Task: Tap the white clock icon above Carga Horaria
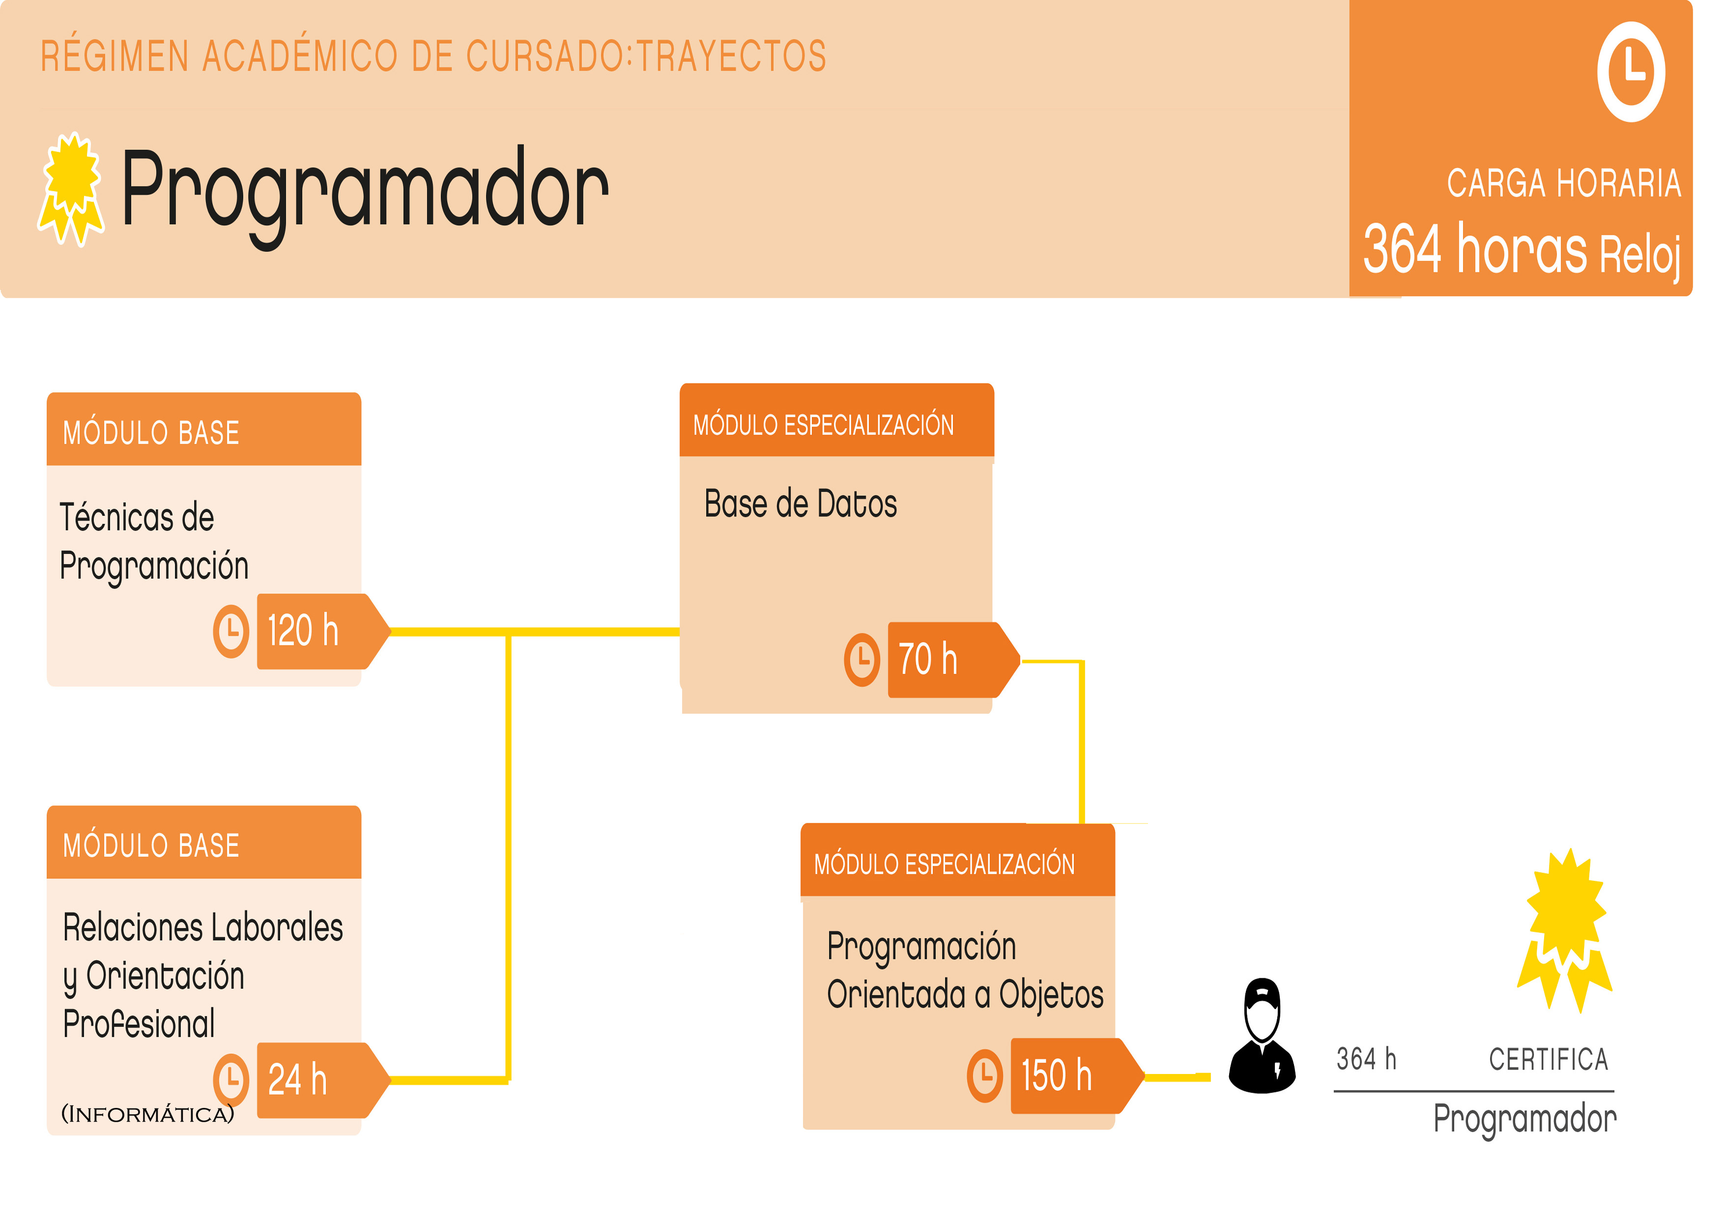coord(1631,72)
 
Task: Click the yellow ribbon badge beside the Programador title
coord(71,189)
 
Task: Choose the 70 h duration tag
coord(953,660)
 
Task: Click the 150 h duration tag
coord(1077,1075)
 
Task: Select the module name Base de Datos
coord(801,503)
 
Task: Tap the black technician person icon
coord(1262,1036)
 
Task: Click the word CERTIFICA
coord(1548,1059)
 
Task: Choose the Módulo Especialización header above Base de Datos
coord(836,421)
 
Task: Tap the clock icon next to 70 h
coord(862,660)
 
